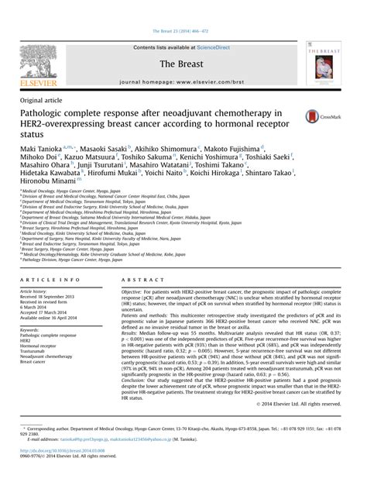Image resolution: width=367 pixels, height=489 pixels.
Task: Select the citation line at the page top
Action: pyautogui.click(x=183, y=9)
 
